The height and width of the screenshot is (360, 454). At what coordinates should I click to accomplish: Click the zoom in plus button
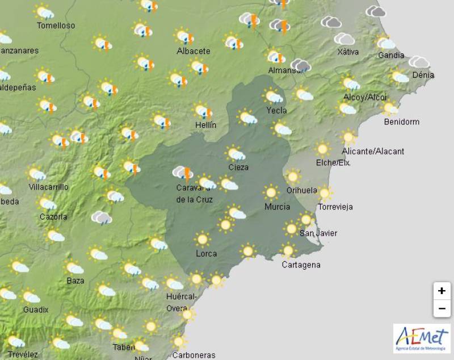[x=441, y=291]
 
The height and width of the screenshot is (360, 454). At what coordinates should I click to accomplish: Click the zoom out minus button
[x=441, y=309]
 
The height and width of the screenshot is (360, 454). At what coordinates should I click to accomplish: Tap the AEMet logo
[x=421, y=338]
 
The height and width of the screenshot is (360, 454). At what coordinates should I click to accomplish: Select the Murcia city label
[x=277, y=207]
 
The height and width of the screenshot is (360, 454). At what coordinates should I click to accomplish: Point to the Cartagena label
[x=301, y=265]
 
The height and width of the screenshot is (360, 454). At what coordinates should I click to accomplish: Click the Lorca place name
[x=206, y=253]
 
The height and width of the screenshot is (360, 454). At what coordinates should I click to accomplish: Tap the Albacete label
[x=193, y=51]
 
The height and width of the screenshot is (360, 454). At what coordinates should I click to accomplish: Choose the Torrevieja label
[x=335, y=207]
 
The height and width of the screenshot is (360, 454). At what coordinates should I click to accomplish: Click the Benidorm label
[x=401, y=122]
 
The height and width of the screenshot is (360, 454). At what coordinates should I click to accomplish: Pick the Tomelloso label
[x=56, y=26]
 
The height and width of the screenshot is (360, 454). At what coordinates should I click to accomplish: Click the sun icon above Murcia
[x=271, y=192]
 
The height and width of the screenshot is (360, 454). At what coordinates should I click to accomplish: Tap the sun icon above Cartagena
[x=288, y=250]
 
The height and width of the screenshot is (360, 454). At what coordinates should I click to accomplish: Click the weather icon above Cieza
[x=236, y=153]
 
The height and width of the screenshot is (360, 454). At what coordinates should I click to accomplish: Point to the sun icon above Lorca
[x=202, y=239]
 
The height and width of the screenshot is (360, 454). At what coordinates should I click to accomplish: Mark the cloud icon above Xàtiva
[x=344, y=39]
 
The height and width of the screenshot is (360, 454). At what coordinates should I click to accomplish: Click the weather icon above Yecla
[x=274, y=96]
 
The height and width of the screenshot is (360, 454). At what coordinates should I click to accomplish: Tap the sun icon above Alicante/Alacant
[x=348, y=137]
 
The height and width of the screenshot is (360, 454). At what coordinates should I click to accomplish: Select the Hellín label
[x=205, y=124]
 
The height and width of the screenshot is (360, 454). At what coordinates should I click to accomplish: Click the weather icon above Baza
[x=74, y=267]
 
